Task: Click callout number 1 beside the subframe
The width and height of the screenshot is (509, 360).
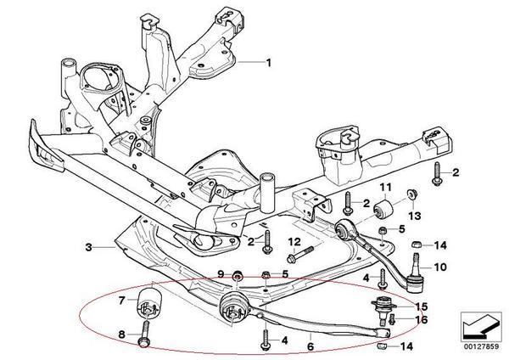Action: [268, 62]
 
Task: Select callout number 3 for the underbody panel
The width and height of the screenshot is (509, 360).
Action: [88, 248]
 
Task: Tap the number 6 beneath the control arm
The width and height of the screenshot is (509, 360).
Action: [310, 346]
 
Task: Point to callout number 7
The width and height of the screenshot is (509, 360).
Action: [121, 301]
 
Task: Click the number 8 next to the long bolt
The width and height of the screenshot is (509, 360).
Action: [121, 335]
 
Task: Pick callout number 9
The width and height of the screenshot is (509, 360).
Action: [221, 274]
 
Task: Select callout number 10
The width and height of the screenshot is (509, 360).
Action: [440, 267]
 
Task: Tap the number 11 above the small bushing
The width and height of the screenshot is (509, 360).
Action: [386, 187]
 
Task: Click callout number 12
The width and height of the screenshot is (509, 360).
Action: [294, 242]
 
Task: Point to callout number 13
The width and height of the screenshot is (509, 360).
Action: [415, 216]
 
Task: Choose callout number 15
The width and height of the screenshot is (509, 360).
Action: [421, 307]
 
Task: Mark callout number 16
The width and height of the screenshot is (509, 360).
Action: [421, 320]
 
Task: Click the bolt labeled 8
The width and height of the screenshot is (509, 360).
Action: [144, 332]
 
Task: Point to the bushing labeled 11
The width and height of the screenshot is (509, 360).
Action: [383, 209]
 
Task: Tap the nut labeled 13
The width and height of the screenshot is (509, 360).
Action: [412, 194]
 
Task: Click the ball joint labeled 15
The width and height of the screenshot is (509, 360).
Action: [383, 309]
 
